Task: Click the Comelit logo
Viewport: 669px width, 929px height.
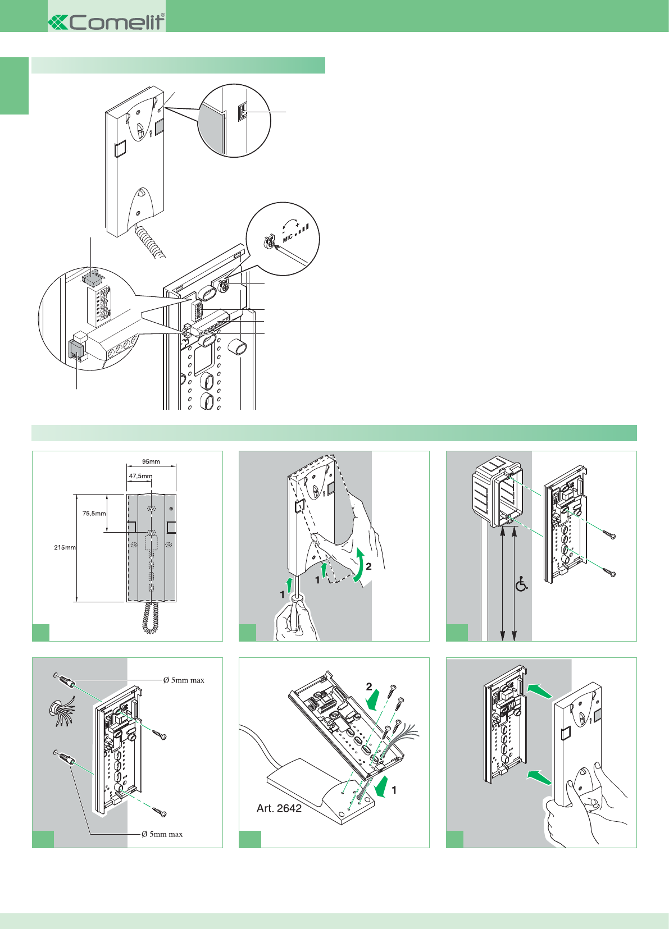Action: (107, 22)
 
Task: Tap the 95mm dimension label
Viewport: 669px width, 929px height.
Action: (151, 462)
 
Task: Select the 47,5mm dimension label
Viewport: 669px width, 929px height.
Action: (140, 476)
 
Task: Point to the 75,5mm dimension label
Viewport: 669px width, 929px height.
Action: (94, 513)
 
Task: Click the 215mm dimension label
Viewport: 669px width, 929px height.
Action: (65, 547)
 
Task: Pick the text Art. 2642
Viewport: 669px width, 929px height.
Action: (279, 808)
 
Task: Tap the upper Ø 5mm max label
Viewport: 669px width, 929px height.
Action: (184, 680)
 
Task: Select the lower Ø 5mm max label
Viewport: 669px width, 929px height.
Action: (162, 834)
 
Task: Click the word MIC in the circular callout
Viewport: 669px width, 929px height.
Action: (288, 238)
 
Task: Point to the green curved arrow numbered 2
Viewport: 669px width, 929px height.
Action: (358, 567)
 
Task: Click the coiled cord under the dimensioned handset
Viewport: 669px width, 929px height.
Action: (150, 617)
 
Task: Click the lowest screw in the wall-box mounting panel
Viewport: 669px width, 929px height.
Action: (609, 573)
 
